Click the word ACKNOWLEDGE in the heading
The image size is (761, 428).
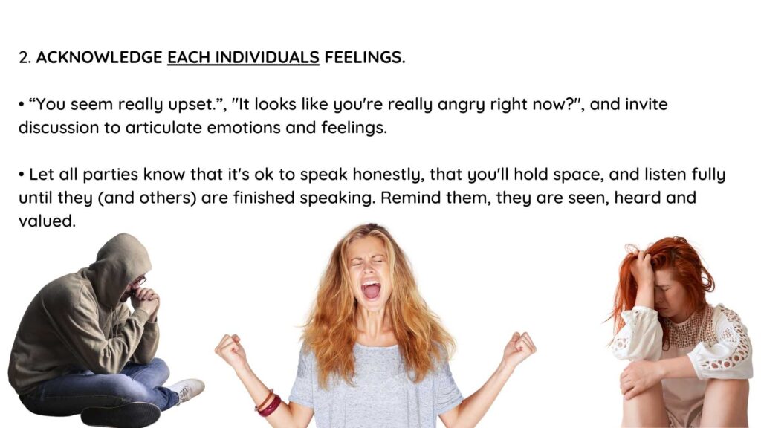(99, 57)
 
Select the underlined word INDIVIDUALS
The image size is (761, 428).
(267, 57)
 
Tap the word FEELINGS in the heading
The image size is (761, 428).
(364, 57)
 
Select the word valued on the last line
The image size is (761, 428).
(47, 221)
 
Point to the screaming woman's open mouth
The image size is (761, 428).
(372, 290)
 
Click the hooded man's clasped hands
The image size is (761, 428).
(146, 300)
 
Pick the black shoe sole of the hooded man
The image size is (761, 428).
(120, 416)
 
